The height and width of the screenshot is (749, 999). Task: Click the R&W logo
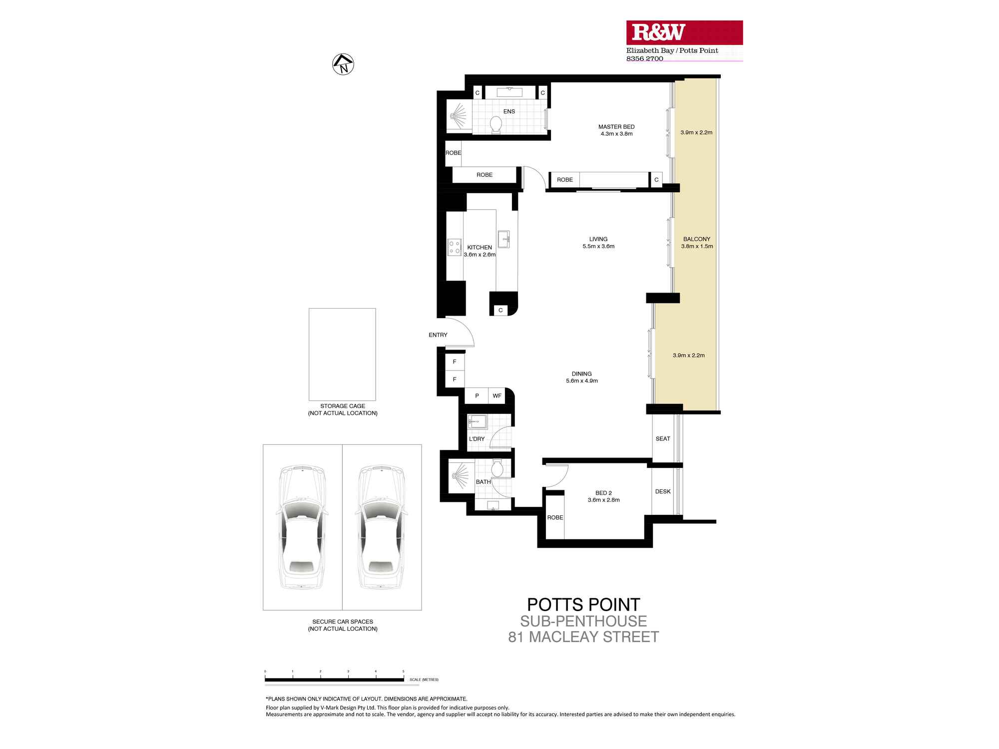(658, 32)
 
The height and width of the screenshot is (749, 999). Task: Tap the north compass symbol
(343, 64)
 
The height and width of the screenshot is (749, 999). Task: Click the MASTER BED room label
(616, 127)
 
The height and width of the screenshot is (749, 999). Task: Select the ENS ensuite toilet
(496, 124)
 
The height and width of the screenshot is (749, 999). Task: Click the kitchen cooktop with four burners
(454, 247)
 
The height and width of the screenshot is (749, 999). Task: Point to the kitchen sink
(503, 239)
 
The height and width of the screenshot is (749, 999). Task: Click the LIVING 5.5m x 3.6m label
(598, 243)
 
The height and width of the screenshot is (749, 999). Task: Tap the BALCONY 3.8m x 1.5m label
(697, 243)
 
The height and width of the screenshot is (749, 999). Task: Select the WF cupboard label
(497, 396)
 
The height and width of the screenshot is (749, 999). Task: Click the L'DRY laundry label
(477, 439)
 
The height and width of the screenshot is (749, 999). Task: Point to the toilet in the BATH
(497, 469)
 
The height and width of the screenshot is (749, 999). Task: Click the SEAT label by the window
(663, 439)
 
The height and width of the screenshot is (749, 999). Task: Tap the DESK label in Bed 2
(663, 491)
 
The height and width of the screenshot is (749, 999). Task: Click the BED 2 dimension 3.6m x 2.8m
(603, 500)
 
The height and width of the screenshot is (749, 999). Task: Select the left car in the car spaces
(302, 527)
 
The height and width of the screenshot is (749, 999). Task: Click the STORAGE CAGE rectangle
(342, 354)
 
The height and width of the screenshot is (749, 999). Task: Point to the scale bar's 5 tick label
(403, 672)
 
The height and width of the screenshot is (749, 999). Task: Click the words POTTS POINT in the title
(583, 605)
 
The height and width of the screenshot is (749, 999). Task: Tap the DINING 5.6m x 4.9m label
(581, 377)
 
